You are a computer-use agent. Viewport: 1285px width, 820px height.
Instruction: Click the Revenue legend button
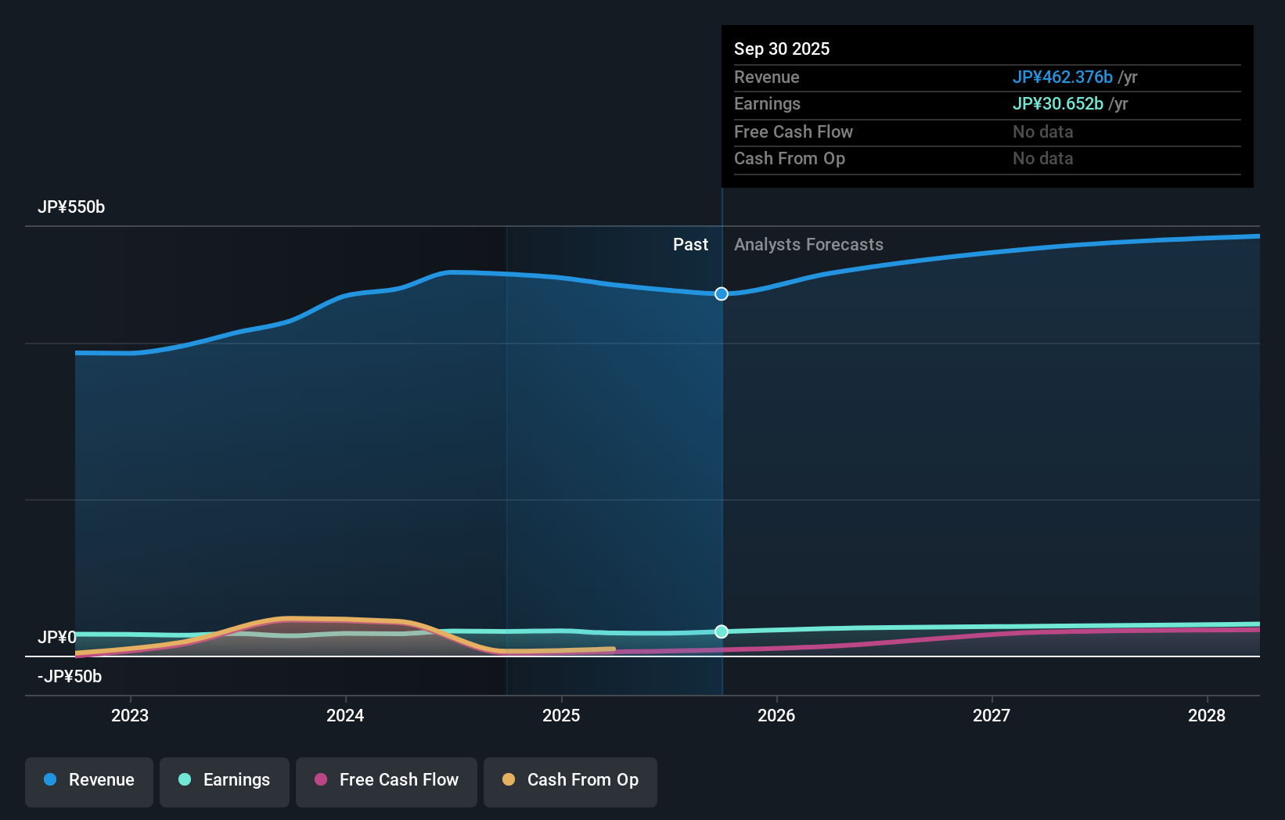[89, 780]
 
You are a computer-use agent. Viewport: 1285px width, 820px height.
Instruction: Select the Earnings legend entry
[225, 780]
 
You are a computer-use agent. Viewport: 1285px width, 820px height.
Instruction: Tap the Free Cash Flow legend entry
[387, 780]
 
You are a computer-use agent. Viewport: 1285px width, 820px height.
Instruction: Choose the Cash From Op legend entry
[571, 780]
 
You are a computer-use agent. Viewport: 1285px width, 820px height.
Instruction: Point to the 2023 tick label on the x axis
[130, 715]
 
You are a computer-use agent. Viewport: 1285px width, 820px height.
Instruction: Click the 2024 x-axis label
[345, 715]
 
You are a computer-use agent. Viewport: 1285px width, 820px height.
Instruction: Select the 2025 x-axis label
[561, 715]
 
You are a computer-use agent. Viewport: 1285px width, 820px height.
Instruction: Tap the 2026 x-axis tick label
[776, 715]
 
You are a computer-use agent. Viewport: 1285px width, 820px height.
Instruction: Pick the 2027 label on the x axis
[992, 715]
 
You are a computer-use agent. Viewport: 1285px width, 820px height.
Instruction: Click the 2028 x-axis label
[1207, 715]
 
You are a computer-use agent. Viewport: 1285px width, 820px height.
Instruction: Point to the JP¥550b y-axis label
[71, 207]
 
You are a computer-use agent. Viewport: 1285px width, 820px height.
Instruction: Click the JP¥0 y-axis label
[57, 638]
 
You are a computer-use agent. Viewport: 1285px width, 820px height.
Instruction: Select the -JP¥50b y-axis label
[70, 677]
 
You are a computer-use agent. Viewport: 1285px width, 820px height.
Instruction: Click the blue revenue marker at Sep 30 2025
[722, 293]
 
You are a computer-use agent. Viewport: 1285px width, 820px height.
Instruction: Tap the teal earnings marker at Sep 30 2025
[722, 631]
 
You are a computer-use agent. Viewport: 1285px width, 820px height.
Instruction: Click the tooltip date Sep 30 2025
[782, 49]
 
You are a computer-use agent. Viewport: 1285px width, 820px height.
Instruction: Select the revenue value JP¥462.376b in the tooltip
[1062, 77]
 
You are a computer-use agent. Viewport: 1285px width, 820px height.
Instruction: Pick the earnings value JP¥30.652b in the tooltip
[1057, 104]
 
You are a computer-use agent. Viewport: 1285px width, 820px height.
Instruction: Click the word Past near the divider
[690, 245]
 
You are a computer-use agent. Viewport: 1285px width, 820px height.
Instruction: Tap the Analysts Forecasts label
[808, 245]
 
